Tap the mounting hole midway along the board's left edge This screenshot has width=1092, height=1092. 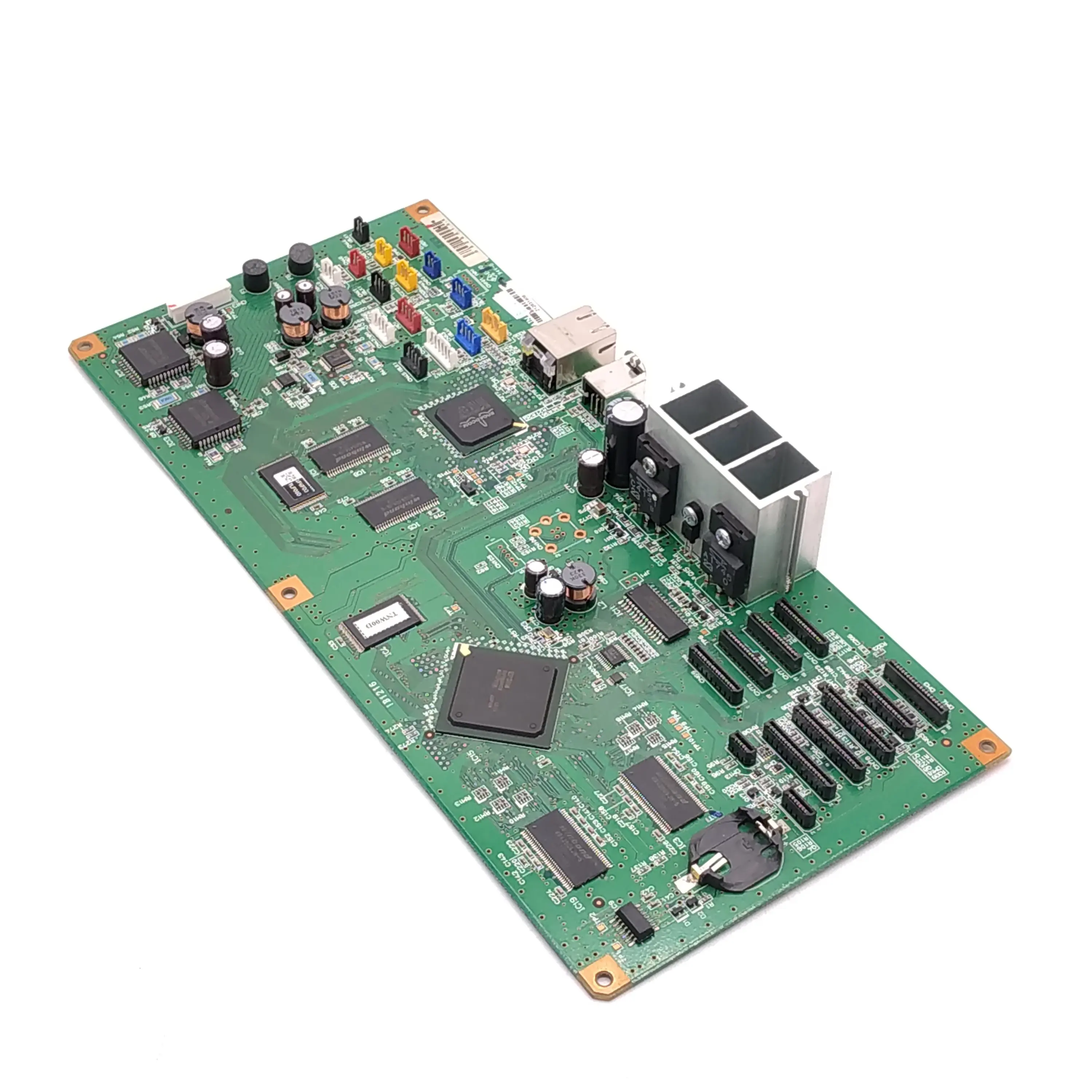click(x=289, y=592)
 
